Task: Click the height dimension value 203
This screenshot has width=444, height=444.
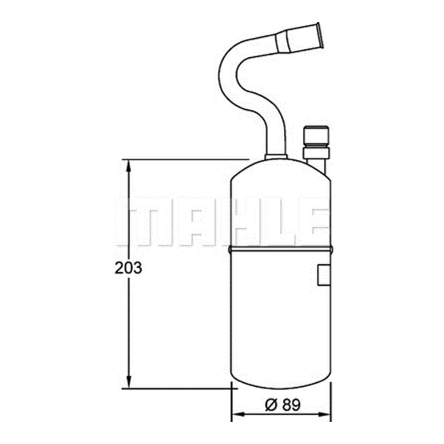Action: (128, 268)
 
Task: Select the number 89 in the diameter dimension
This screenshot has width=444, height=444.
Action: (291, 404)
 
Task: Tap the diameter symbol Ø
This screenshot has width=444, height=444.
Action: (271, 404)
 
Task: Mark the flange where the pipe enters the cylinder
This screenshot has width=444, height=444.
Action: (276, 157)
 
